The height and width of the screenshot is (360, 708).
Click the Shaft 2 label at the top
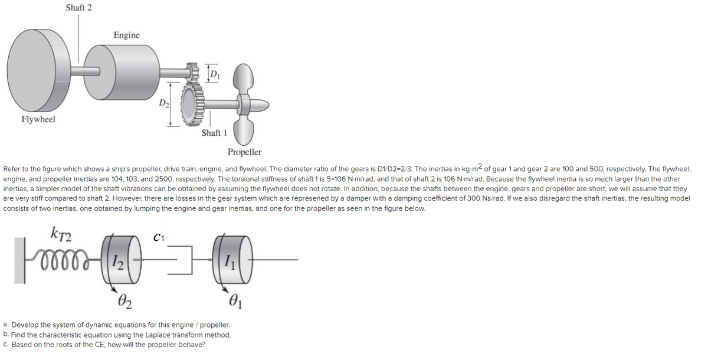[78, 8]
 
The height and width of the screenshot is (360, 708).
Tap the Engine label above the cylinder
[127, 35]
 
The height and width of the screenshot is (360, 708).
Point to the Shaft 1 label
[214, 133]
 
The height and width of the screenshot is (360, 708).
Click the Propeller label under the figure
[244, 152]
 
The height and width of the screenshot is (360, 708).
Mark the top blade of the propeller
[241, 76]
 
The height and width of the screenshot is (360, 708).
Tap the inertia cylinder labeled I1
[227, 261]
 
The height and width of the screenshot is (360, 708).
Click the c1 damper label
[158, 238]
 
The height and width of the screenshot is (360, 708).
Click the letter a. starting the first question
[6, 325]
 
